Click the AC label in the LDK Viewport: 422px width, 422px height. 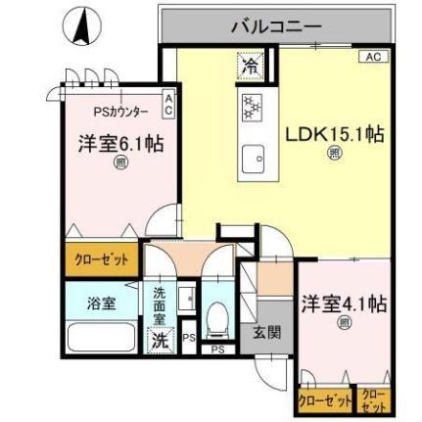(x=372, y=58)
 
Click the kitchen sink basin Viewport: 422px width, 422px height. (x=257, y=157)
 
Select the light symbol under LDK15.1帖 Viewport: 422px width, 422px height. (x=335, y=153)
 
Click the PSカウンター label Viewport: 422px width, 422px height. (x=119, y=112)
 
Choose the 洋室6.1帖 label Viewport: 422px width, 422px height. (x=119, y=144)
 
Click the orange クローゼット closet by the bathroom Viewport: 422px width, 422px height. (x=102, y=259)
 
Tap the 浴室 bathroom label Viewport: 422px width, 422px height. (x=101, y=304)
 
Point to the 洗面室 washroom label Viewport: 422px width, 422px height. (x=160, y=305)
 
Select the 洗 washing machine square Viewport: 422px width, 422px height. (x=160, y=340)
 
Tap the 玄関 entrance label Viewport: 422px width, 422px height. (x=265, y=333)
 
